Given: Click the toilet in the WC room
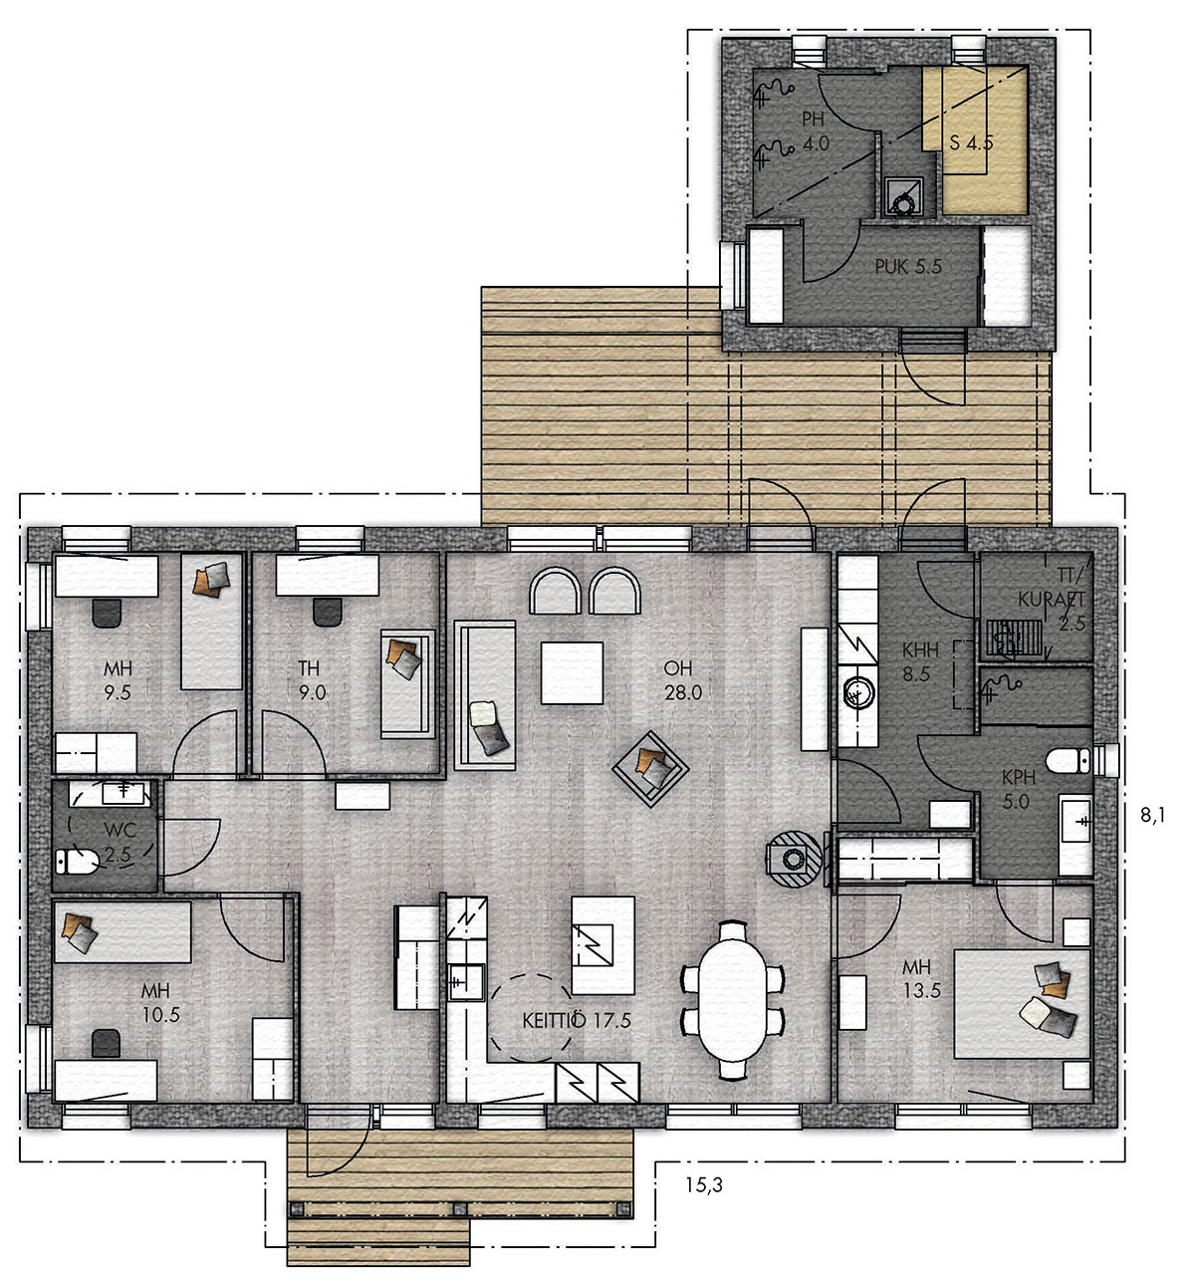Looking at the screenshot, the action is click(x=76, y=861).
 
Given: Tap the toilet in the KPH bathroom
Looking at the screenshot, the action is click(x=1069, y=761).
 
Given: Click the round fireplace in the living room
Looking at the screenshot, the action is click(x=794, y=859).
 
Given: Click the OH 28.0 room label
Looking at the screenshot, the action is click(x=682, y=680).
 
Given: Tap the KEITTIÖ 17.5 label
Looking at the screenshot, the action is click(x=576, y=1021).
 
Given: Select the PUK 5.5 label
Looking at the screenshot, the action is click(x=907, y=267).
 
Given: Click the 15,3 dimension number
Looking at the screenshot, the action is click(x=704, y=1184).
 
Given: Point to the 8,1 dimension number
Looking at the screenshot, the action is click(x=1153, y=816).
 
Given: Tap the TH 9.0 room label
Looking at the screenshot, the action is click(x=312, y=680).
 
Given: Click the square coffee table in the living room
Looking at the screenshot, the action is click(x=572, y=673).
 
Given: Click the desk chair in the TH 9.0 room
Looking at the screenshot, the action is click(x=328, y=612).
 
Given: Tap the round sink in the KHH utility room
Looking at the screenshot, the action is click(x=857, y=694).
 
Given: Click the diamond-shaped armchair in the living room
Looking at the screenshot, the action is click(x=650, y=768).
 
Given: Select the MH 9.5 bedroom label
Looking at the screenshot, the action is click(x=118, y=680).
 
